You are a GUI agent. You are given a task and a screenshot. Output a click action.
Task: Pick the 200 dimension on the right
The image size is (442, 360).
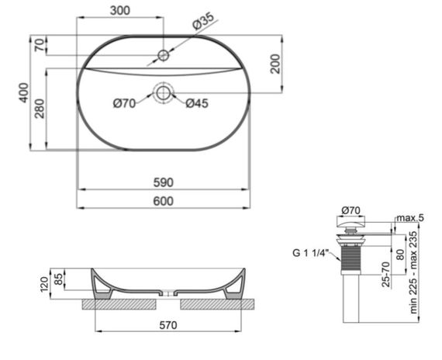click(275, 64)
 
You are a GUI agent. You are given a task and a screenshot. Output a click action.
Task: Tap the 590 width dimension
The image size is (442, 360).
click(162, 183)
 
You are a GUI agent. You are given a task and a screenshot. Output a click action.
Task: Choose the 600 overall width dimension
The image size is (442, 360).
click(162, 202)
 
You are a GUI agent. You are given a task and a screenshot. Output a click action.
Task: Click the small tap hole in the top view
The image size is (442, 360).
click(163, 55)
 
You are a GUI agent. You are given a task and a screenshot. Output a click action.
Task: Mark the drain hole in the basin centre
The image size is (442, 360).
click(163, 92)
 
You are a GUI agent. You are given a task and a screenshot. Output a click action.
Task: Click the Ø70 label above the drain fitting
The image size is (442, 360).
click(352, 209)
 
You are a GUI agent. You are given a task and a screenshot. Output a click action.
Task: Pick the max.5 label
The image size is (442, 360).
click(409, 218)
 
